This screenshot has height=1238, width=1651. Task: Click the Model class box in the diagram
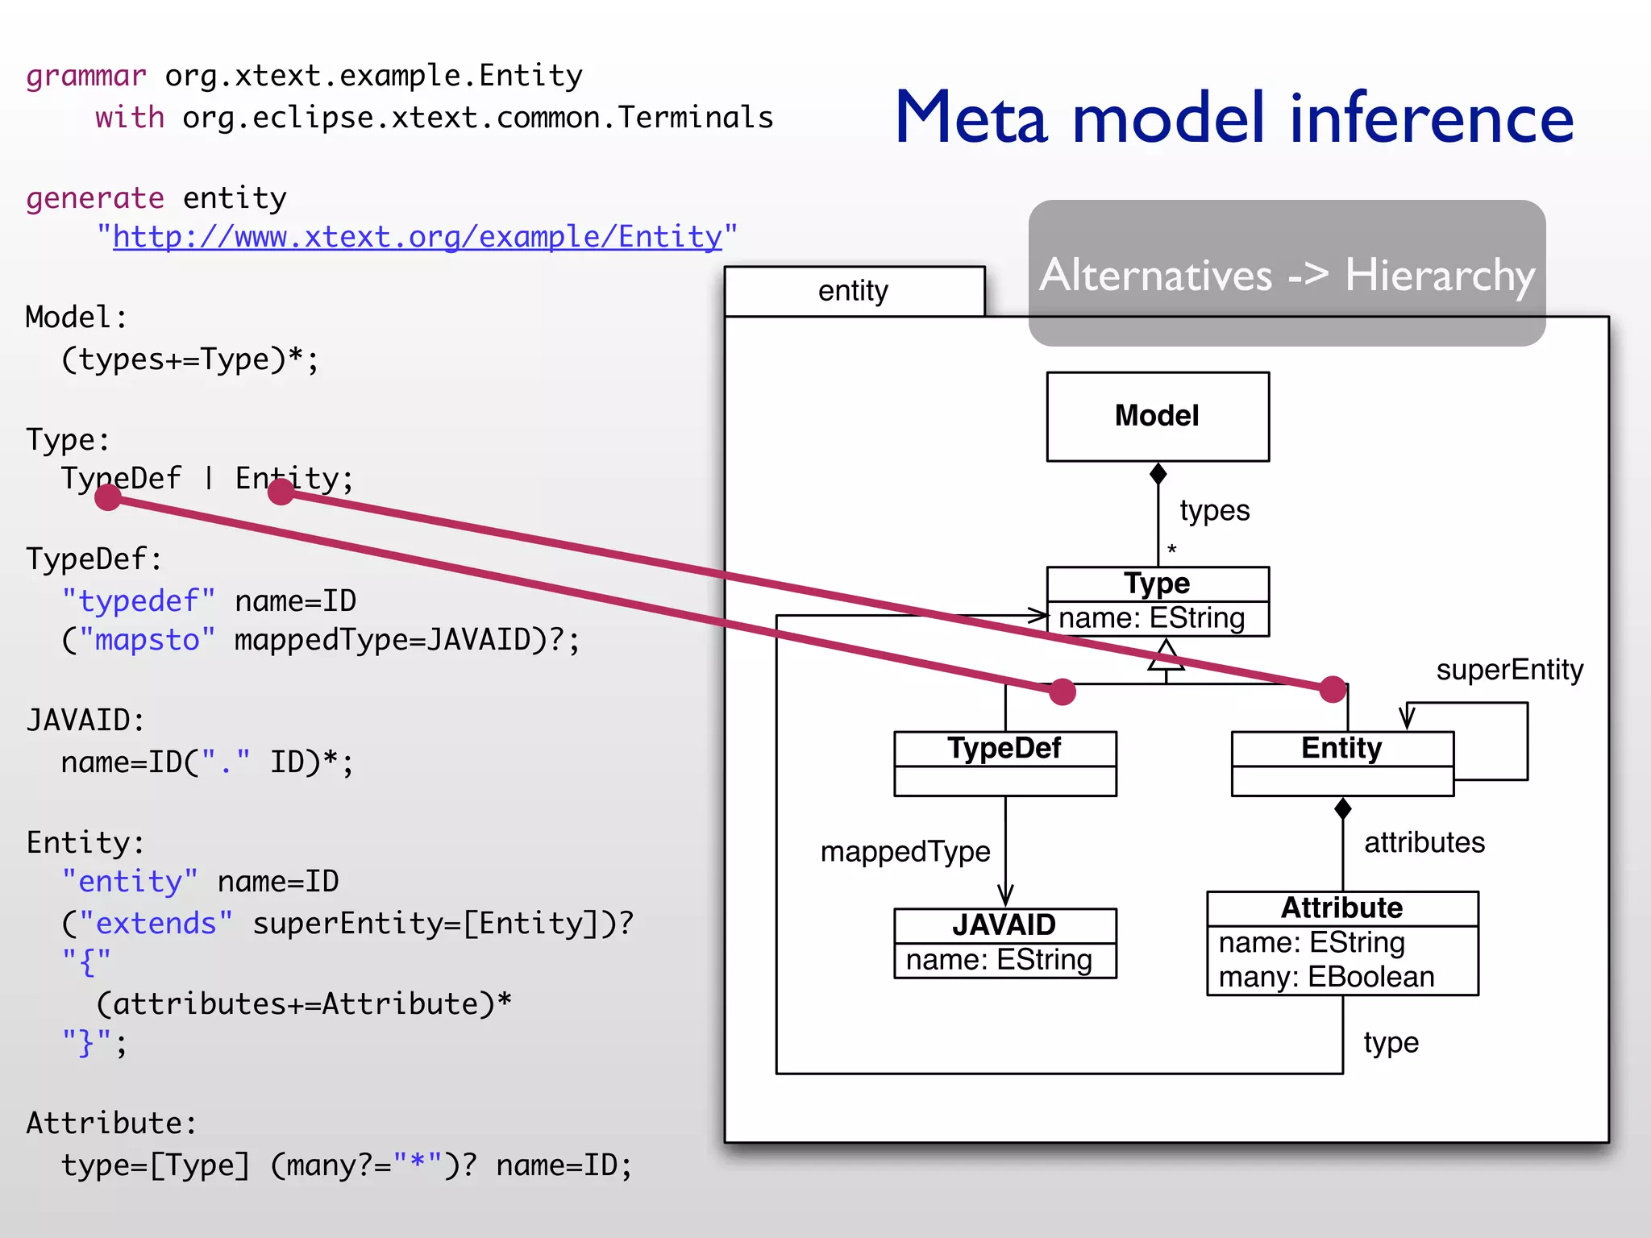(x=1157, y=416)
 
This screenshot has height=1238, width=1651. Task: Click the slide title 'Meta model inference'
(x=1233, y=118)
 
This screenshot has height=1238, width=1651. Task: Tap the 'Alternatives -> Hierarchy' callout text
(x=1287, y=275)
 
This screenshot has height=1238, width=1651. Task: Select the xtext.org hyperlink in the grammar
(x=417, y=237)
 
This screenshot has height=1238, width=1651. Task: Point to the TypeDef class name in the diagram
(x=1004, y=748)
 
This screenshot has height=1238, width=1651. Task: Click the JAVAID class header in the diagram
(x=1004, y=924)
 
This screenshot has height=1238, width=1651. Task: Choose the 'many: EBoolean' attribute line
(x=1326, y=977)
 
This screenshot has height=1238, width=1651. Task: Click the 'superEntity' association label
(x=1509, y=670)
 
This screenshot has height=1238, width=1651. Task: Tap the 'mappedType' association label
(x=905, y=852)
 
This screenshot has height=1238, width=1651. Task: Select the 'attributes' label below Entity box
(x=1424, y=842)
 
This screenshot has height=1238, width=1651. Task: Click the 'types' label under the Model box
(x=1214, y=510)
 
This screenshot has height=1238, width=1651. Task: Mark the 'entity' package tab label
(x=853, y=291)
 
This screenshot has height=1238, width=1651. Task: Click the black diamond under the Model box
(x=1158, y=474)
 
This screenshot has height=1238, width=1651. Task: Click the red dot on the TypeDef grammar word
(x=108, y=497)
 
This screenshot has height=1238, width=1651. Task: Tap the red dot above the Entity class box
(x=1333, y=689)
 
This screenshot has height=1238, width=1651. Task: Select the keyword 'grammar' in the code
(x=86, y=76)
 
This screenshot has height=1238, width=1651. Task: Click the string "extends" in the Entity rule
(x=148, y=923)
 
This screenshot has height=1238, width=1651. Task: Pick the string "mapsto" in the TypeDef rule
(x=139, y=640)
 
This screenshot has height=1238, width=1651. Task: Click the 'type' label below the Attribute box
(x=1391, y=1042)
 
